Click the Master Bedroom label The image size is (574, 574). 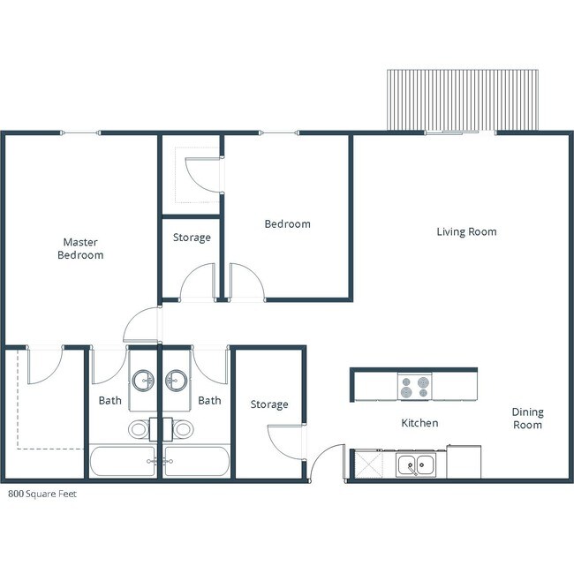(x=80, y=248)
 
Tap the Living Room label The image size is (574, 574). (x=466, y=232)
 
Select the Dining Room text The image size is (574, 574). (x=527, y=419)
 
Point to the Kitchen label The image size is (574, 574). (x=419, y=423)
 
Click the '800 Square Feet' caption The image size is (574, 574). (x=42, y=495)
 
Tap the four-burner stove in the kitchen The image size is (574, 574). (x=413, y=387)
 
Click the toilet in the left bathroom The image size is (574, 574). (x=140, y=430)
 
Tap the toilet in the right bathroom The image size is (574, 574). (x=182, y=430)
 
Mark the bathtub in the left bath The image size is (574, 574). (x=123, y=462)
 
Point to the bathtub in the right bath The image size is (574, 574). (x=197, y=462)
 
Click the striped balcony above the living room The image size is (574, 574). (x=462, y=100)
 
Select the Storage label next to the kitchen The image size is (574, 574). (x=268, y=404)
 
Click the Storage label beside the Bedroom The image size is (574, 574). (x=192, y=238)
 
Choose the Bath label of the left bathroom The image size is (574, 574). (x=110, y=401)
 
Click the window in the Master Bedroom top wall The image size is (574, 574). (x=80, y=133)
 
